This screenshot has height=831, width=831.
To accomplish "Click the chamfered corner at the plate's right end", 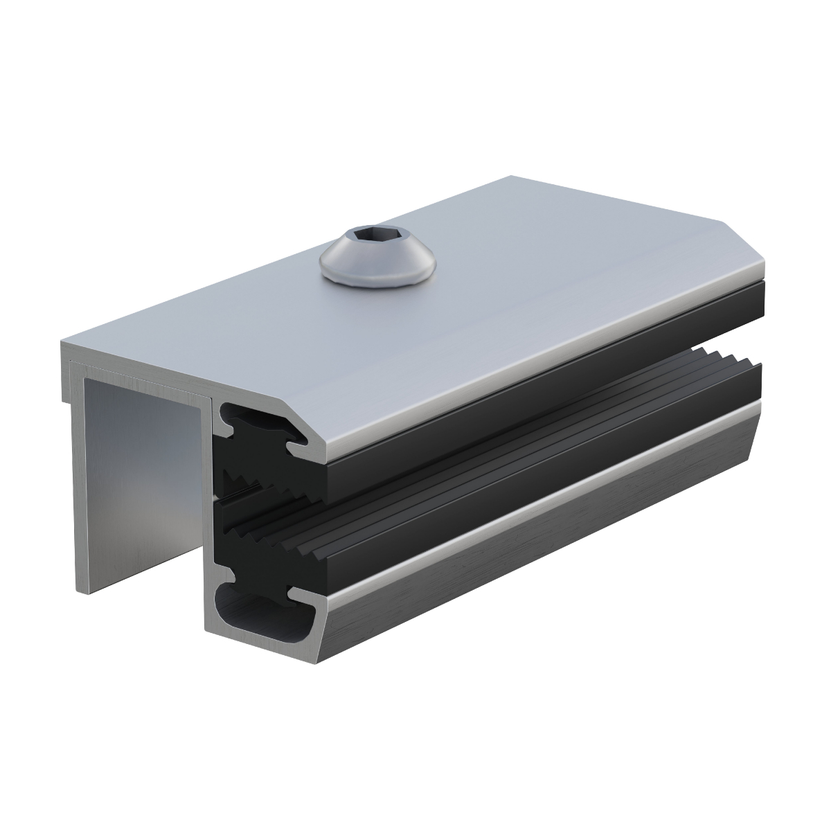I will click(x=744, y=242).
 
